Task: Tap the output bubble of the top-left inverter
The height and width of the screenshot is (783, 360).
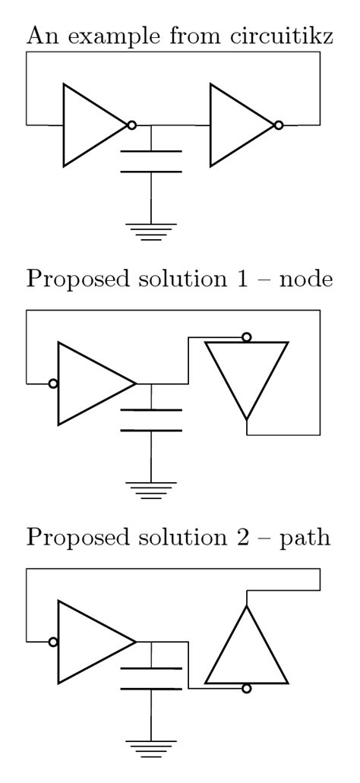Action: tap(132, 125)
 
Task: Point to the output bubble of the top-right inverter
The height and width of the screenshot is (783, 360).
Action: tap(279, 125)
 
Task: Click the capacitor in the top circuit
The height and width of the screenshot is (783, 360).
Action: tap(152, 161)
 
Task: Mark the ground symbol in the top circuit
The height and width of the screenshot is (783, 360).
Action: tap(152, 230)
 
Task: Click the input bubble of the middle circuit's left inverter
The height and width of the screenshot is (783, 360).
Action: tap(52, 384)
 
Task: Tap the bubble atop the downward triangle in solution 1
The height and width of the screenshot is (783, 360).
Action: tap(246, 337)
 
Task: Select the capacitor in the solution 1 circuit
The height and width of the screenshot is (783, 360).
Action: tap(152, 420)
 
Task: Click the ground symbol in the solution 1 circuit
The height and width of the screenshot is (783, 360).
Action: tap(152, 489)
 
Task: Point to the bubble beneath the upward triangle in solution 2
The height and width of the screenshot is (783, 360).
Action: tap(246, 688)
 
